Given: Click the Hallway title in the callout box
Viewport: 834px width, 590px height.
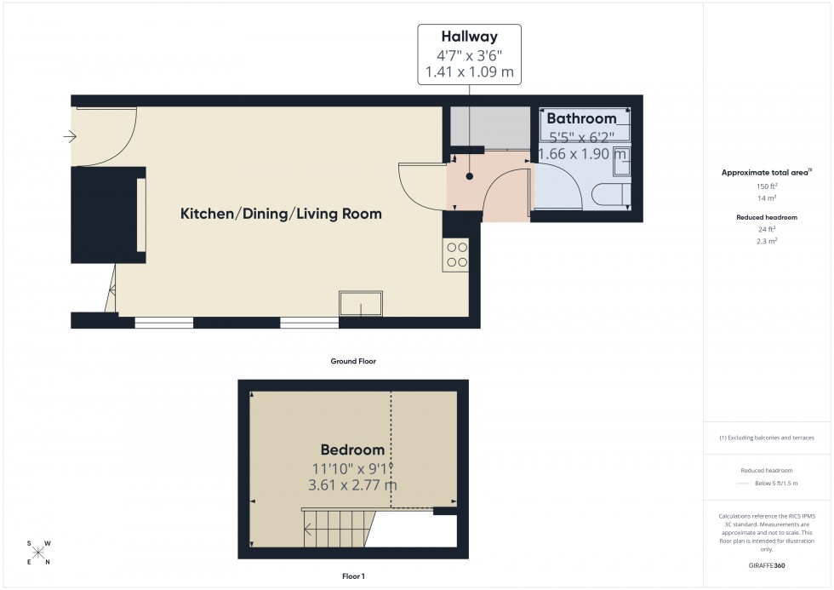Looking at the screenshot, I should [468, 37].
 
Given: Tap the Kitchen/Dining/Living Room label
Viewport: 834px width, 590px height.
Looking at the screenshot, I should [281, 215].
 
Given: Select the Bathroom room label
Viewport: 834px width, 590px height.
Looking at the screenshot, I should [581, 119].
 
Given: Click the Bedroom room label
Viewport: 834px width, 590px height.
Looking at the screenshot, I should [352, 450].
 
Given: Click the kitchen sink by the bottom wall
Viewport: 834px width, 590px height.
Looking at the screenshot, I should [361, 303].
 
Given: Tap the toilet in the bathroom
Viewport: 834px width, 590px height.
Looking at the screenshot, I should [611, 194].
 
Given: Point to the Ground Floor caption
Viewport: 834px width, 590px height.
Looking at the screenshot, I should [353, 362].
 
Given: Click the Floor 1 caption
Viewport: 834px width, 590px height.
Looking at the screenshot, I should [352, 576].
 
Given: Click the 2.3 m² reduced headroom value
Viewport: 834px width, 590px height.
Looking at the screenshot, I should [768, 241].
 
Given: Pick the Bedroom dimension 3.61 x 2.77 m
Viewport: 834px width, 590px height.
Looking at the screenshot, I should [352, 485].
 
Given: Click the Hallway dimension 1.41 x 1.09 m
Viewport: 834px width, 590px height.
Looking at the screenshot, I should [468, 72].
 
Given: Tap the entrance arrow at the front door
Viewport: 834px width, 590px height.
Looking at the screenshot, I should [69, 136].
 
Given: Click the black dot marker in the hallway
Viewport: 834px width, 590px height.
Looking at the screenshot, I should [468, 176].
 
